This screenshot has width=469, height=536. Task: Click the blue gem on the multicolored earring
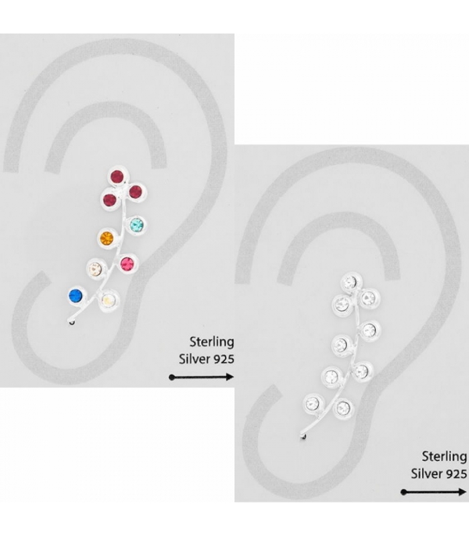coord(75,295)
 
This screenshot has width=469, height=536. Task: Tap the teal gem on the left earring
coord(137,224)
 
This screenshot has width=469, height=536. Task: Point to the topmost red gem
coord(117,178)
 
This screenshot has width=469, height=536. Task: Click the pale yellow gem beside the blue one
coord(108,299)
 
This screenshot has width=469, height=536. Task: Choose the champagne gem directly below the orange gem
coord(95,269)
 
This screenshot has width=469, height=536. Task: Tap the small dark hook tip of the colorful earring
coord(72,323)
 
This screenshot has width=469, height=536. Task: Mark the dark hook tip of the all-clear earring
coord(304,439)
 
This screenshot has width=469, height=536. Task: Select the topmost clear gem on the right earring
coord(349,283)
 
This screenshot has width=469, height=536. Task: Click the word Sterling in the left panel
coord(212,342)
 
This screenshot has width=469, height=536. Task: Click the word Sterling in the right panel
coord(444,457)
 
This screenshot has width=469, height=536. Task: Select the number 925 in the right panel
coord(456,473)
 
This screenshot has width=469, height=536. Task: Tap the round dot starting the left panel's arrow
coord(172,377)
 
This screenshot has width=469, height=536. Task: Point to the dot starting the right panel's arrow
coord(404,492)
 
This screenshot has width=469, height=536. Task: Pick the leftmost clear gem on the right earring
coord(313,403)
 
